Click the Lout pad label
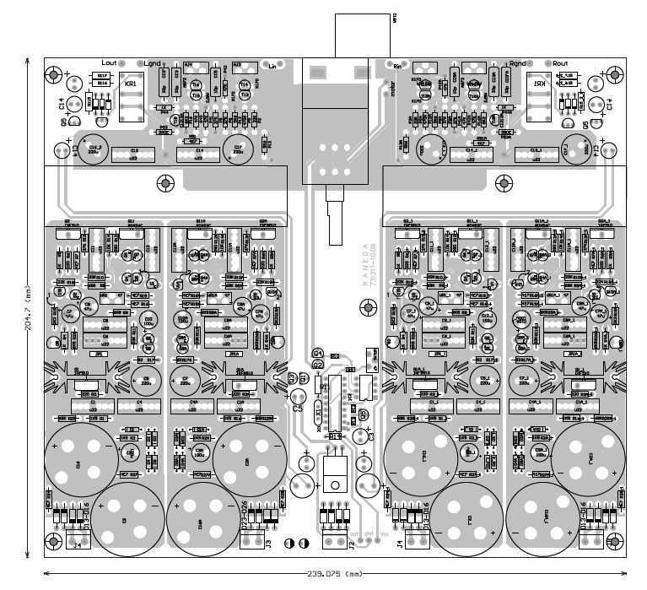(108, 63)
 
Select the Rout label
(560, 63)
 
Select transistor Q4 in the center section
(317, 352)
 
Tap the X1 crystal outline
(318, 414)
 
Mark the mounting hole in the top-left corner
(57, 75)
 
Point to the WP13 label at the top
(396, 19)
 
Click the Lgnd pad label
(153, 63)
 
